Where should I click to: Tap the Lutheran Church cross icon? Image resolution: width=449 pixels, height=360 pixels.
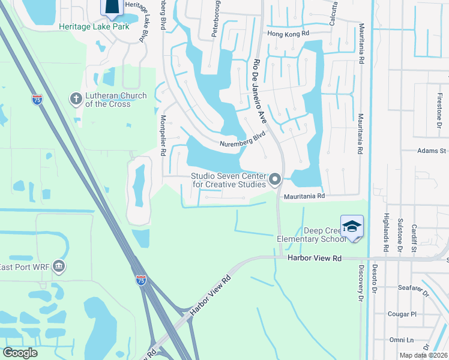click(76, 98)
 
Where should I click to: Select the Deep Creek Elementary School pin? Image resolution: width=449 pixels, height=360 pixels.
click(352, 227)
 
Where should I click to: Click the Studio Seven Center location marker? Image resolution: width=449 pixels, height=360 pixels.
click(276, 179)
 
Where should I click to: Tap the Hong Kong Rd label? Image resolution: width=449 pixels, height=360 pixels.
click(288, 35)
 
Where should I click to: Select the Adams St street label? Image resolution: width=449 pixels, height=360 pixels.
click(432, 151)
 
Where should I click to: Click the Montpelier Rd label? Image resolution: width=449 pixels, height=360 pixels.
click(163, 136)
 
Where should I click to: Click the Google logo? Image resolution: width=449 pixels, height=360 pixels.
click(20, 353)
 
